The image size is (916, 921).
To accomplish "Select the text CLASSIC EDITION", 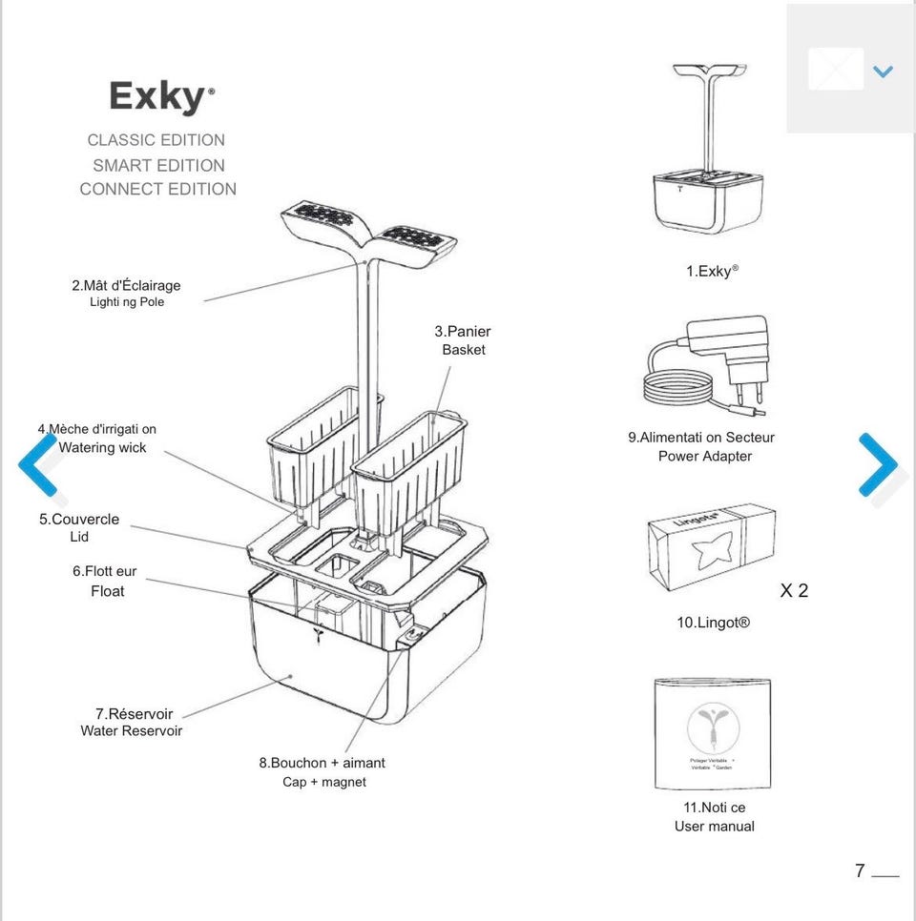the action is click(156, 140).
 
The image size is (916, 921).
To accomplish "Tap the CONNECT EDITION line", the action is click(158, 189).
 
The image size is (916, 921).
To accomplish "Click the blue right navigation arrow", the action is click(879, 464).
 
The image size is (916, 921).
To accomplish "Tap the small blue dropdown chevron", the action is click(883, 72).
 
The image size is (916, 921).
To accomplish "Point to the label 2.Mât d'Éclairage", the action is click(126, 285).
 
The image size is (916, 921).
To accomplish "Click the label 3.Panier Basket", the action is click(463, 340).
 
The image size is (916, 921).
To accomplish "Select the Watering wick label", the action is click(102, 447).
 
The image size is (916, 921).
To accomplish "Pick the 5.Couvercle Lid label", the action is click(79, 527).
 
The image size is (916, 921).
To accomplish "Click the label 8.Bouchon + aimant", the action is click(323, 763).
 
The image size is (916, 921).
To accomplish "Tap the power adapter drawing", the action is click(706, 365).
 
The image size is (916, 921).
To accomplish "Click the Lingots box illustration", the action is click(712, 546).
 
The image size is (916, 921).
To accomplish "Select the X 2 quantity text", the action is click(794, 590).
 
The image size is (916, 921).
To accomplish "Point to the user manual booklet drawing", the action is click(713, 733).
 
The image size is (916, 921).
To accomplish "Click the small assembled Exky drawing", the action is click(709, 148).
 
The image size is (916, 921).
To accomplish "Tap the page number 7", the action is click(860, 870).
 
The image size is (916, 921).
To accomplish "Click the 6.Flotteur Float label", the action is click(105, 581).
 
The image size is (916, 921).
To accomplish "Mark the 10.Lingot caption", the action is click(713, 623).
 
